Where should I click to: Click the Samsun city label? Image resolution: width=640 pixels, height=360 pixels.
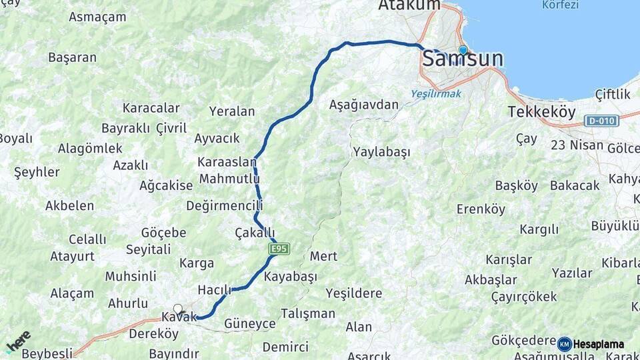pyautogui.click(x=463, y=59)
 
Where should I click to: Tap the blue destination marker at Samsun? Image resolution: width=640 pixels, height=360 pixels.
pyautogui.click(x=463, y=50)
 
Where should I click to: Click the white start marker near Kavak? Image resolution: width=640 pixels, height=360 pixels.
pyautogui.click(x=178, y=309)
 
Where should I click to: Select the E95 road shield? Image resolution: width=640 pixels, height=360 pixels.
pyautogui.click(x=279, y=249)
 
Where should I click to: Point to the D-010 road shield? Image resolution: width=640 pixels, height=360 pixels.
pyautogui.click(x=601, y=121)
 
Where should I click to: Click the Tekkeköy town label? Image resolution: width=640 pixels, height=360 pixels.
pyautogui.click(x=541, y=112)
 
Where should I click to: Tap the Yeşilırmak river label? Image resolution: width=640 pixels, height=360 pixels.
pyautogui.click(x=435, y=93)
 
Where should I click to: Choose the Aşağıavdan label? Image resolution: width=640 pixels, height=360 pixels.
pyautogui.click(x=364, y=105)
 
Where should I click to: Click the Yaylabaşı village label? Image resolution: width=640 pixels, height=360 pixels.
pyautogui.click(x=382, y=151)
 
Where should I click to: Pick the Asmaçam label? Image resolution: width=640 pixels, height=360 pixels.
pyautogui.click(x=97, y=17)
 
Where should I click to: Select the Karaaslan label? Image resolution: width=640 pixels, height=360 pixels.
pyautogui.click(x=227, y=162)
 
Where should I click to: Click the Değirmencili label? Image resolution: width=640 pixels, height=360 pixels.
pyautogui.click(x=225, y=205)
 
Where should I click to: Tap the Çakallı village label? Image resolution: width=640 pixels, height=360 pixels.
pyautogui.click(x=255, y=233)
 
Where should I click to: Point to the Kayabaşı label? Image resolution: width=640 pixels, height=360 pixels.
pyautogui.click(x=291, y=276)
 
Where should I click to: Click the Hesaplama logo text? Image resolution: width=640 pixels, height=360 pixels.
pyautogui.click(x=598, y=344)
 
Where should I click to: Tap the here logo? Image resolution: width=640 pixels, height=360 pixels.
pyautogui.click(x=18, y=341)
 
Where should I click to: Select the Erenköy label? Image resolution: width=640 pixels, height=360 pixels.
pyautogui.click(x=481, y=209)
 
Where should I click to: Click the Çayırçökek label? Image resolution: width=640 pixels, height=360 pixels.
pyautogui.click(x=524, y=297)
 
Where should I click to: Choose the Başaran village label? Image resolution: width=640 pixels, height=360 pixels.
pyautogui.click(x=72, y=57)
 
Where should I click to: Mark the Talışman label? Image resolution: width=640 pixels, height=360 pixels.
pyautogui.click(x=307, y=313)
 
